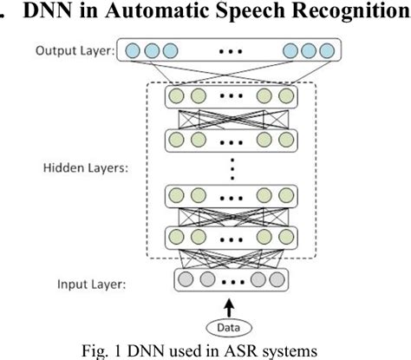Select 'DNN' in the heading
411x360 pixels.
pyautogui.click(x=44, y=12)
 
